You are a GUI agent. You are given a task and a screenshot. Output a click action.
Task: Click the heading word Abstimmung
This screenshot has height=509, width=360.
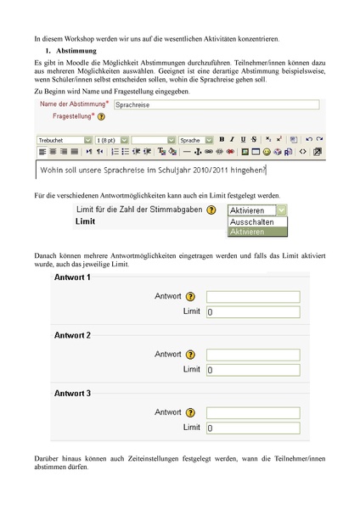(x=76, y=51)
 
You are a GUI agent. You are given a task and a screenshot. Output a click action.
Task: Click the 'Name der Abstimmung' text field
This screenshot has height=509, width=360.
(x=217, y=104)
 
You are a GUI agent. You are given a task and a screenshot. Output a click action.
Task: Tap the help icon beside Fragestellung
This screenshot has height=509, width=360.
(x=101, y=116)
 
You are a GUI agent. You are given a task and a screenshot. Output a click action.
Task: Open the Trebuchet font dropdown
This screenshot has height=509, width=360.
(x=65, y=140)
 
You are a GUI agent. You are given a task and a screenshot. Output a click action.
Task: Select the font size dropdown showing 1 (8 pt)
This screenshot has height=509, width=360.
(x=112, y=140)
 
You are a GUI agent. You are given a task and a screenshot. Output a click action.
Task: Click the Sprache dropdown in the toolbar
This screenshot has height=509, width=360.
(x=195, y=140)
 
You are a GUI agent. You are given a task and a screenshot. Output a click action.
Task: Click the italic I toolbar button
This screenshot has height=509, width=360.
(x=232, y=139)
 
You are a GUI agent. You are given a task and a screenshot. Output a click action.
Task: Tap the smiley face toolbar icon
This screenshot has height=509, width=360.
(x=267, y=152)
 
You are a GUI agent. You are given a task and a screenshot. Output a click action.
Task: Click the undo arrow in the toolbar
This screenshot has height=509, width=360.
(x=309, y=139)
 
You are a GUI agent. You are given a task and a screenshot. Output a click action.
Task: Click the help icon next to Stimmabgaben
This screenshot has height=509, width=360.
(x=211, y=210)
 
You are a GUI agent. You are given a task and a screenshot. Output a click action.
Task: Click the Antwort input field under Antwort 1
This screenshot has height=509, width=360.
(x=253, y=297)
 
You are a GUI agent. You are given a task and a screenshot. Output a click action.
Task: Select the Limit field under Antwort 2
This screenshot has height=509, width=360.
(x=253, y=370)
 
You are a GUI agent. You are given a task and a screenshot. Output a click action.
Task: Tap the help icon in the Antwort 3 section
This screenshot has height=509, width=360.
(x=190, y=412)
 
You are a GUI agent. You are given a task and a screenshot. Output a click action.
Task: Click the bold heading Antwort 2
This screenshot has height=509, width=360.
(x=72, y=335)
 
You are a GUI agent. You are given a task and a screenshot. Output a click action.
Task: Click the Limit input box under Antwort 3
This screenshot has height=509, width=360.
(x=253, y=428)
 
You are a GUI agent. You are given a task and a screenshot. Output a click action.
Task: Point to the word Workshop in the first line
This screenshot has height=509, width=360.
(x=79, y=39)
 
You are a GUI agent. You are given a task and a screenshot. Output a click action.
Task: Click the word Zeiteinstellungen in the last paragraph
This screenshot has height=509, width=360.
(x=153, y=459)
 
